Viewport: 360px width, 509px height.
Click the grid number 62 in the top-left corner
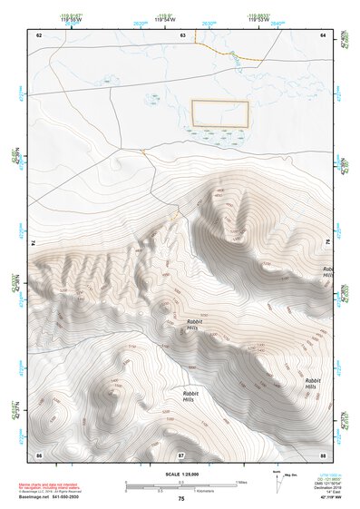[x=39, y=34]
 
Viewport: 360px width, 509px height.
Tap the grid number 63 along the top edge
[x=182, y=34]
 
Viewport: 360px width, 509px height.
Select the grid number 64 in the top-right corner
[x=323, y=34]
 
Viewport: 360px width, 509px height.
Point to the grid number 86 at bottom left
[x=39, y=454]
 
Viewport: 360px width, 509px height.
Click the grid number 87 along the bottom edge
[x=181, y=454]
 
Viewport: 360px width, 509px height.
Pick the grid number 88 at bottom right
[x=323, y=454]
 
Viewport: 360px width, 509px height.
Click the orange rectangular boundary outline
[x=219, y=113]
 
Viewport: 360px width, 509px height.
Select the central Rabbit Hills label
[x=193, y=326]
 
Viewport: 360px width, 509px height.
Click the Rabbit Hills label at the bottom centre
[x=188, y=396]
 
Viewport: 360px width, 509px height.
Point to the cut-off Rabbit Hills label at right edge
[x=327, y=272]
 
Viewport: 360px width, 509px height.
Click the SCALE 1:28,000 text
[x=181, y=474]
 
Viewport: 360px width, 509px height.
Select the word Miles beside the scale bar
[x=243, y=481]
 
